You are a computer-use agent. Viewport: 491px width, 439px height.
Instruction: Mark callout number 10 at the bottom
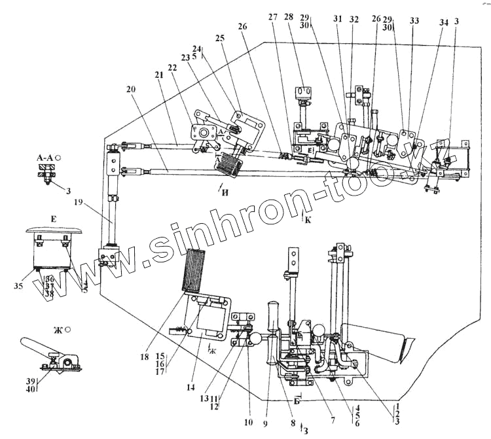(249, 423)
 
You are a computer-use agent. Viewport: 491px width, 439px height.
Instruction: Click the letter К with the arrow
(308, 220)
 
